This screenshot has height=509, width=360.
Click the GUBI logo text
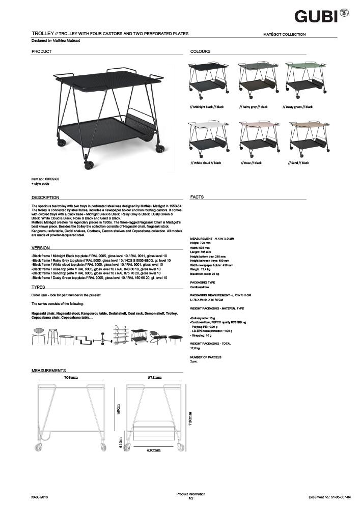coord(316,16)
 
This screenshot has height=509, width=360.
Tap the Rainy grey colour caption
coord(254,107)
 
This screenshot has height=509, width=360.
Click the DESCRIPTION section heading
coord(45,197)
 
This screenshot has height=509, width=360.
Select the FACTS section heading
coord(197,197)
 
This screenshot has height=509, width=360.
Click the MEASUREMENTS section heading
coord(49,370)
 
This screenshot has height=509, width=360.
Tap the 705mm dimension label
coord(71,378)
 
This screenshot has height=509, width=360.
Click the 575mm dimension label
coord(154,378)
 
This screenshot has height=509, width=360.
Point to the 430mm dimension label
coord(154,450)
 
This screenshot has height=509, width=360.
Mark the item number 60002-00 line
coord(45,180)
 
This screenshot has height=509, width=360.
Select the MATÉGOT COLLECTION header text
coord(284,35)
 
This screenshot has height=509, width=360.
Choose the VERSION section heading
coord(41,248)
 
